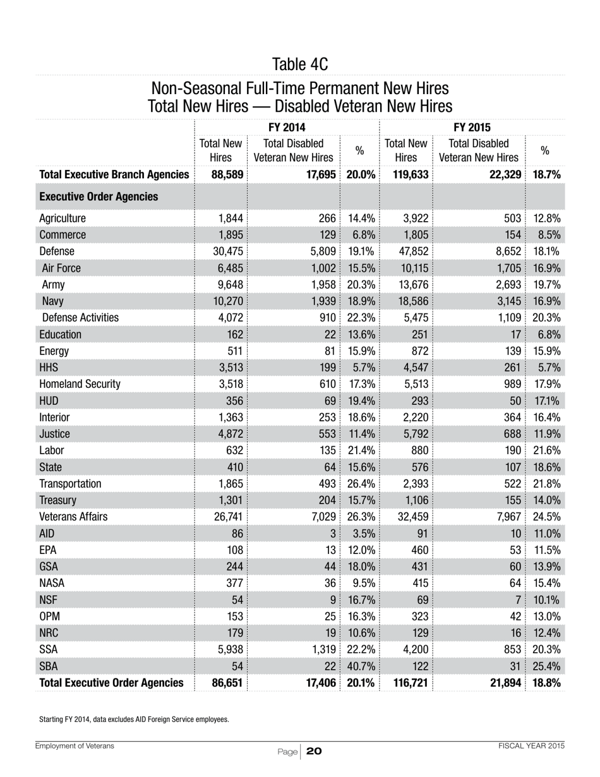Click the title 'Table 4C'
300,64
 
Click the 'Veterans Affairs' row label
73,517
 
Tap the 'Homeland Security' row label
80,383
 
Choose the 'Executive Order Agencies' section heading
99,196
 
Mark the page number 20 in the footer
314,751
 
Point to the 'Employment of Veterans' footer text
75,746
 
